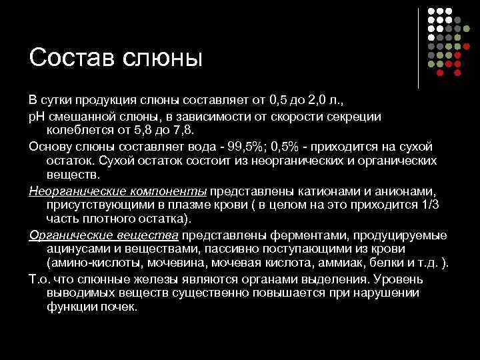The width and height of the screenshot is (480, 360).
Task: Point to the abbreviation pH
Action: pyautogui.click(x=37, y=116)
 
